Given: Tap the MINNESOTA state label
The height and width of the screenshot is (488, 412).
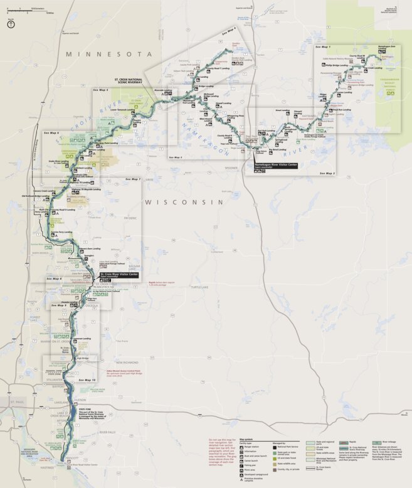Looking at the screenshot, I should click(x=110, y=55).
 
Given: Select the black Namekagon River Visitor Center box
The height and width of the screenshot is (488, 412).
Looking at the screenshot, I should click(x=275, y=165).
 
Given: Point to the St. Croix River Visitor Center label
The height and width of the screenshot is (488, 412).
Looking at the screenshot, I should click(x=119, y=275).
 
